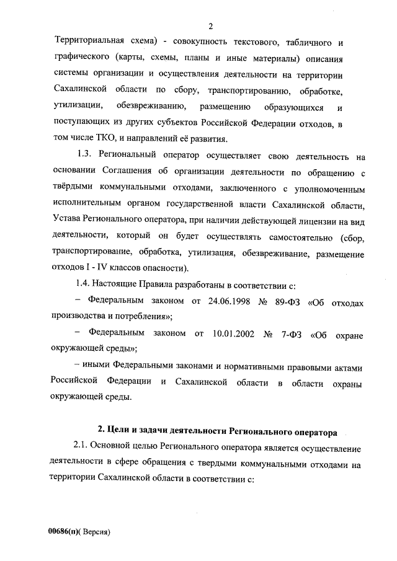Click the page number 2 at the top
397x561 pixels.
(x=211, y=25)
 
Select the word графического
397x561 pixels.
(x=81, y=59)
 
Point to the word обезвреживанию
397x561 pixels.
(x=149, y=107)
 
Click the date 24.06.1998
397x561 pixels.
(x=228, y=301)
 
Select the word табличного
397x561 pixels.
(x=310, y=43)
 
